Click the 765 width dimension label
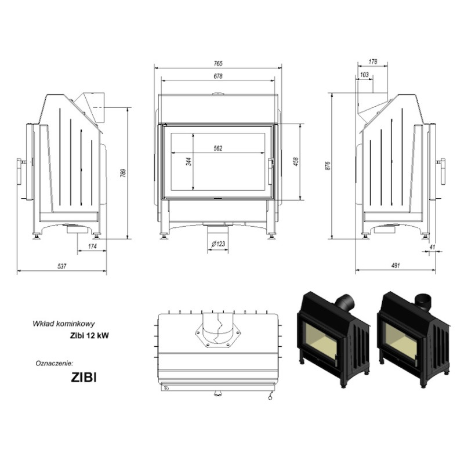click(x=218, y=63)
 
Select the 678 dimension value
click(x=218, y=76)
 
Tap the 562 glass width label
click(x=218, y=148)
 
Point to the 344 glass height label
click(x=189, y=161)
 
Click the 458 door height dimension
click(x=296, y=161)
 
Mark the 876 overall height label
click(x=327, y=166)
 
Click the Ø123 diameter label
click(x=219, y=244)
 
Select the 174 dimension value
click(x=92, y=246)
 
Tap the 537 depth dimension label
click(x=61, y=266)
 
